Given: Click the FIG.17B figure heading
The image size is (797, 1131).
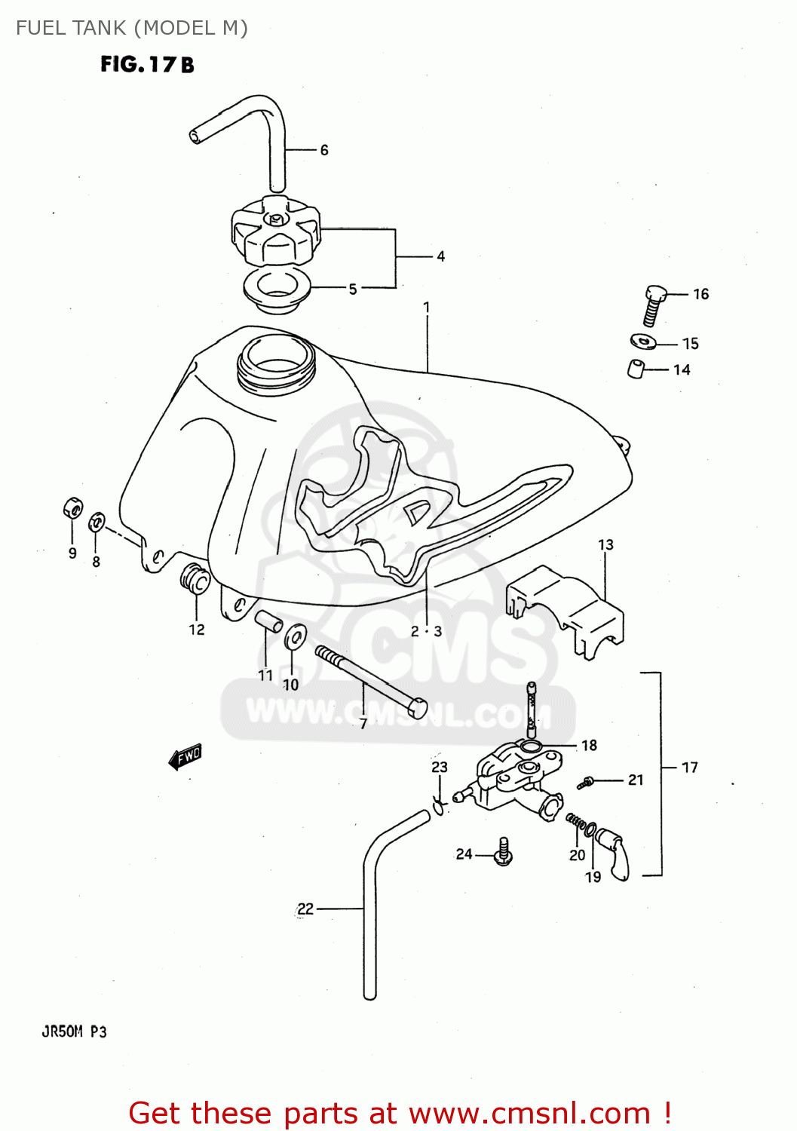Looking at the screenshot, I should click(x=147, y=65).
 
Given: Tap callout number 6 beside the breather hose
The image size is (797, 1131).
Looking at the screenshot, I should click(x=324, y=150).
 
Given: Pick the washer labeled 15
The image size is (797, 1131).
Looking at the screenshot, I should click(x=643, y=342).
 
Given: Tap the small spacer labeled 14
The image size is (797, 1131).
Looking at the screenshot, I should click(x=636, y=369).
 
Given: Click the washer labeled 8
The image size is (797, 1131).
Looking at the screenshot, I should click(x=97, y=522).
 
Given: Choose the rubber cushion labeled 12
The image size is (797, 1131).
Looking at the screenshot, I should click(x=195, y=578).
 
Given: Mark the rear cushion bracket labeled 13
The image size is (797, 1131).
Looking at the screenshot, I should click(x=566, y=608).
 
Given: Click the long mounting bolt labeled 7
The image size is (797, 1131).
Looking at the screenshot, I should click(x=369, y=680).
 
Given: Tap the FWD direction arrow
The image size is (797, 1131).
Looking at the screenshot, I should click(x=185, y=756).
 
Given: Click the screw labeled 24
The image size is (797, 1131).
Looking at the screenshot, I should click(x=504, y=852).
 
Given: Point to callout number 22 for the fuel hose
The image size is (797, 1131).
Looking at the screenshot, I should click(x=305, y=909).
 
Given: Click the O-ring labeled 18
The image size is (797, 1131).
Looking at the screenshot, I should click(x=531, y=746).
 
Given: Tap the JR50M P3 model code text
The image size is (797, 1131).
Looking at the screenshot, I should click(x=74, y=1031).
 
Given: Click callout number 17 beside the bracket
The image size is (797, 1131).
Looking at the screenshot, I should click(x=689, y=768).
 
